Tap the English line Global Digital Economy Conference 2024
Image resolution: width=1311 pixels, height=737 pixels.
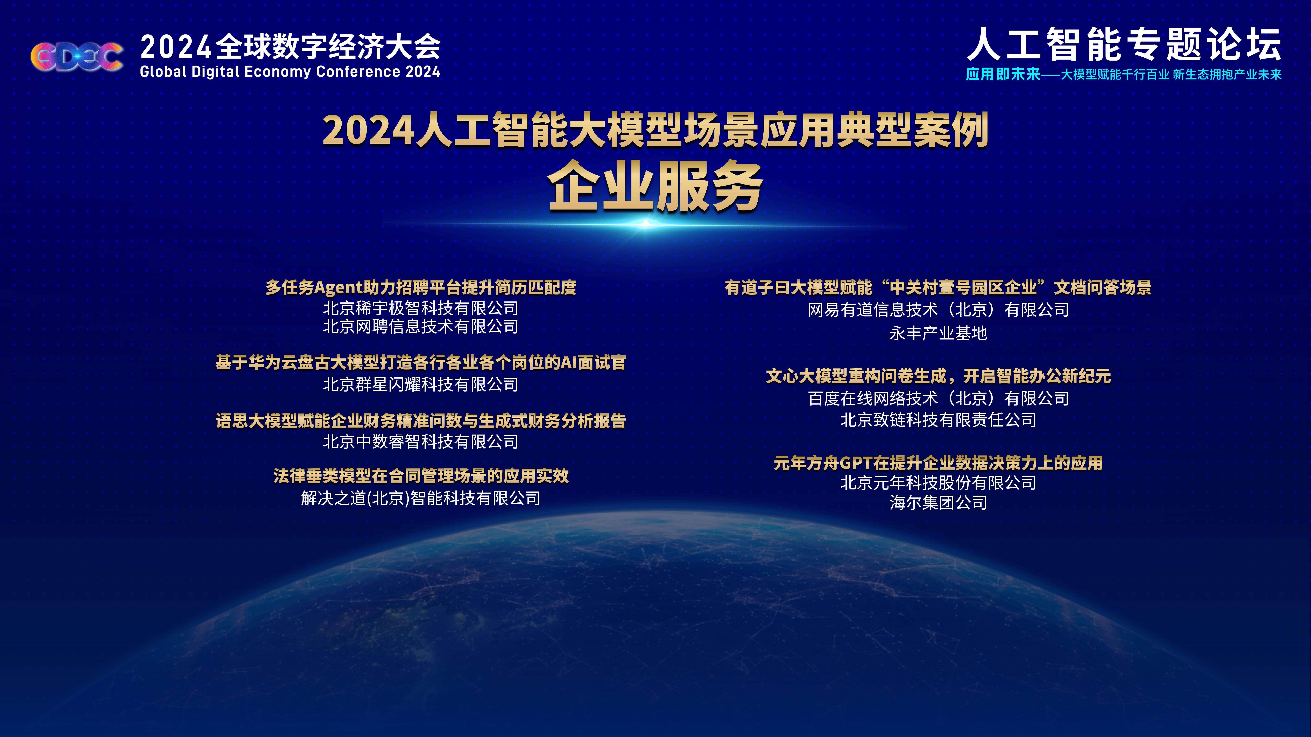(x=290, y=72)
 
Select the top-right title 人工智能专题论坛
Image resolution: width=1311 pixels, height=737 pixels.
(x=1124, y=45)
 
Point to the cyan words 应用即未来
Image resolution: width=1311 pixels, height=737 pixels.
(x=1003, y=74)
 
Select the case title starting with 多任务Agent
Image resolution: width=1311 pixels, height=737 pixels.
(x=421, y=287)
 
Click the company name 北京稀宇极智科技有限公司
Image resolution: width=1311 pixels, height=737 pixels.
(x=421, y=308)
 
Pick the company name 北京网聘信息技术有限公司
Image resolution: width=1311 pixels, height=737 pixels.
(x=421, y=327)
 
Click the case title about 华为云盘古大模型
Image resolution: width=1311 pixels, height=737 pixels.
(x=421, y=363)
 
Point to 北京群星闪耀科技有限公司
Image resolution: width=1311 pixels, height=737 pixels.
(x=421, y=385)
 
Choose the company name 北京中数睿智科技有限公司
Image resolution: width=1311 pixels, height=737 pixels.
(x=421, y=442)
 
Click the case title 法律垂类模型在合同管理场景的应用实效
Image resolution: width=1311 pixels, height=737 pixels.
(x=421, y=476)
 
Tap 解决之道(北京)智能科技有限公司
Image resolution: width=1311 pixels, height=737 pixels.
(x=421, y=498)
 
